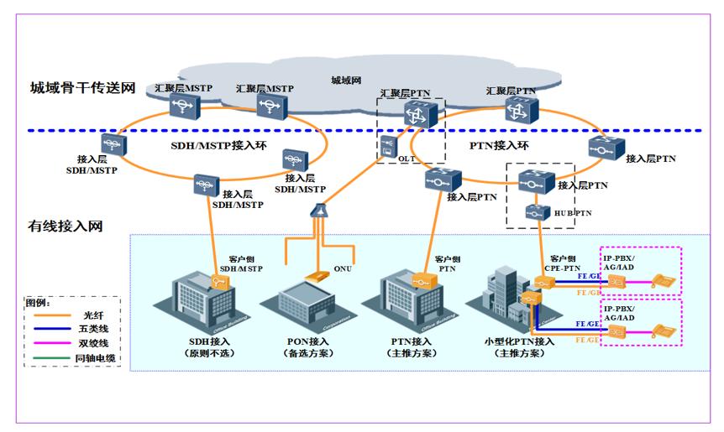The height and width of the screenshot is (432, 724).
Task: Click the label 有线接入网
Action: click(x=65, y=226)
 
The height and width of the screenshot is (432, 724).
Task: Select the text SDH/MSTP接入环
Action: click(x=206, y=144)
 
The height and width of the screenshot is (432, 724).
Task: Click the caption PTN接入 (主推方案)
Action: click(x=411, y=347)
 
